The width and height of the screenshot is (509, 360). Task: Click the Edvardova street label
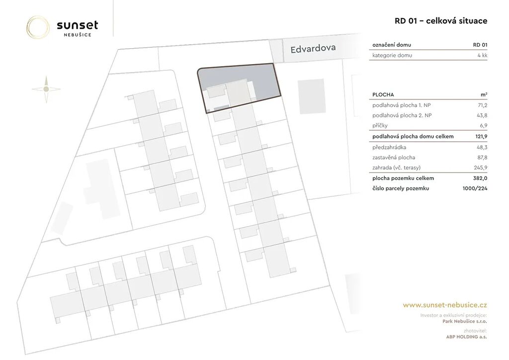pyautogui.click(x=313, y=49)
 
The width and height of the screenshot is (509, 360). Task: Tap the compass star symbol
pyautogui.click(x=46, y=89)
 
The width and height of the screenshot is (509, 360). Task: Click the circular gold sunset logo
pyautogui.click(x=38, y=27)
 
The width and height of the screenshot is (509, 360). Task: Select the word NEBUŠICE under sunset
pyautogui.click(x=77, y=35)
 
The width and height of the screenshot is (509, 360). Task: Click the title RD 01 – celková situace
pyautogui.click(x=441, y=21)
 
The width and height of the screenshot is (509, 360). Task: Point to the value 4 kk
pyautogui.click(x=482, y=55)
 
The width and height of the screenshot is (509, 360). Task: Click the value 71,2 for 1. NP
pyautogui.click(x=482, y=105)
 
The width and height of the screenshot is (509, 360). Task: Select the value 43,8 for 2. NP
pyautogui.click(x=482, y=115)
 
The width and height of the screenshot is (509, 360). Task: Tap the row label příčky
pyautogui.click(x=380, y=126)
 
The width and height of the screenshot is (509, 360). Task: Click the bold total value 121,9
pyautogui.click(x=481, y=136)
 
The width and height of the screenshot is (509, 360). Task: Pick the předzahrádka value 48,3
pyautogui.click(x=482, y=147)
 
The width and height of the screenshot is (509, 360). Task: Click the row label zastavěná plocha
pyautogui.click(x=394, y=158)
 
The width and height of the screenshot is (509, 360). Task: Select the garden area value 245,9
pyautogui.click(x=481, y=168)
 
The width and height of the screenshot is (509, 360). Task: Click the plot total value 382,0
pyautogui.click(x=481, y=178)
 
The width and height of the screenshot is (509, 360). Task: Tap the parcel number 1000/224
pyautogui.click(x=475, y=188)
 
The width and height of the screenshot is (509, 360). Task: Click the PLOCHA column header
pyautogui.click(x=383, y=95)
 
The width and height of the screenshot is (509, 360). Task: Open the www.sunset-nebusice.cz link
pyautogui.click(x=445, y=305)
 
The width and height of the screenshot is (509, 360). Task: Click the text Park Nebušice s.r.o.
pyautogui.click(x=465, y=321)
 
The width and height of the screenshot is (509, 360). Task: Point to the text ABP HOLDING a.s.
pyautogui.click(x=466, y=337)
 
